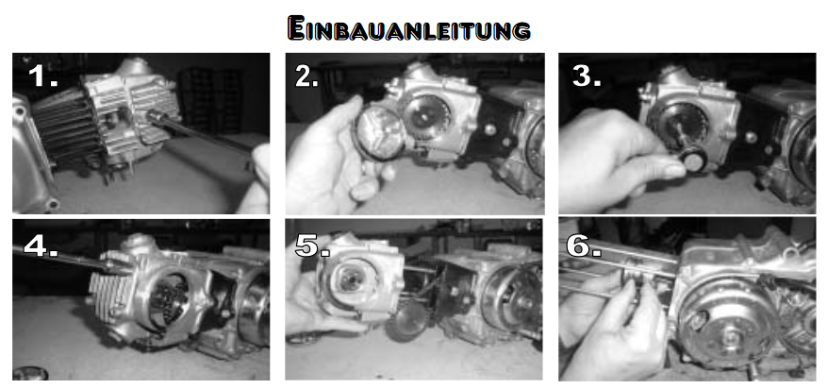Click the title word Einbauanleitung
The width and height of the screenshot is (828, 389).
click(408, 28)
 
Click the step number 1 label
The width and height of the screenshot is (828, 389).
click(42, 76)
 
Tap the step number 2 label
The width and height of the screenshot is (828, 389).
click(306, 77)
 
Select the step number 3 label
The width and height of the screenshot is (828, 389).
click(587, 76)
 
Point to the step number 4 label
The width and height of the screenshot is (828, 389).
click(41, 245)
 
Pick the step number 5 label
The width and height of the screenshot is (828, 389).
click(312, 245)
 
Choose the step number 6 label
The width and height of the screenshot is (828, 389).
click(584, 245)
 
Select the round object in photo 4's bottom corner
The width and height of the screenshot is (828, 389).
click(29, 374)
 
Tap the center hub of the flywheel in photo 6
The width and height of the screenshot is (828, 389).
click(731, 335)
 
